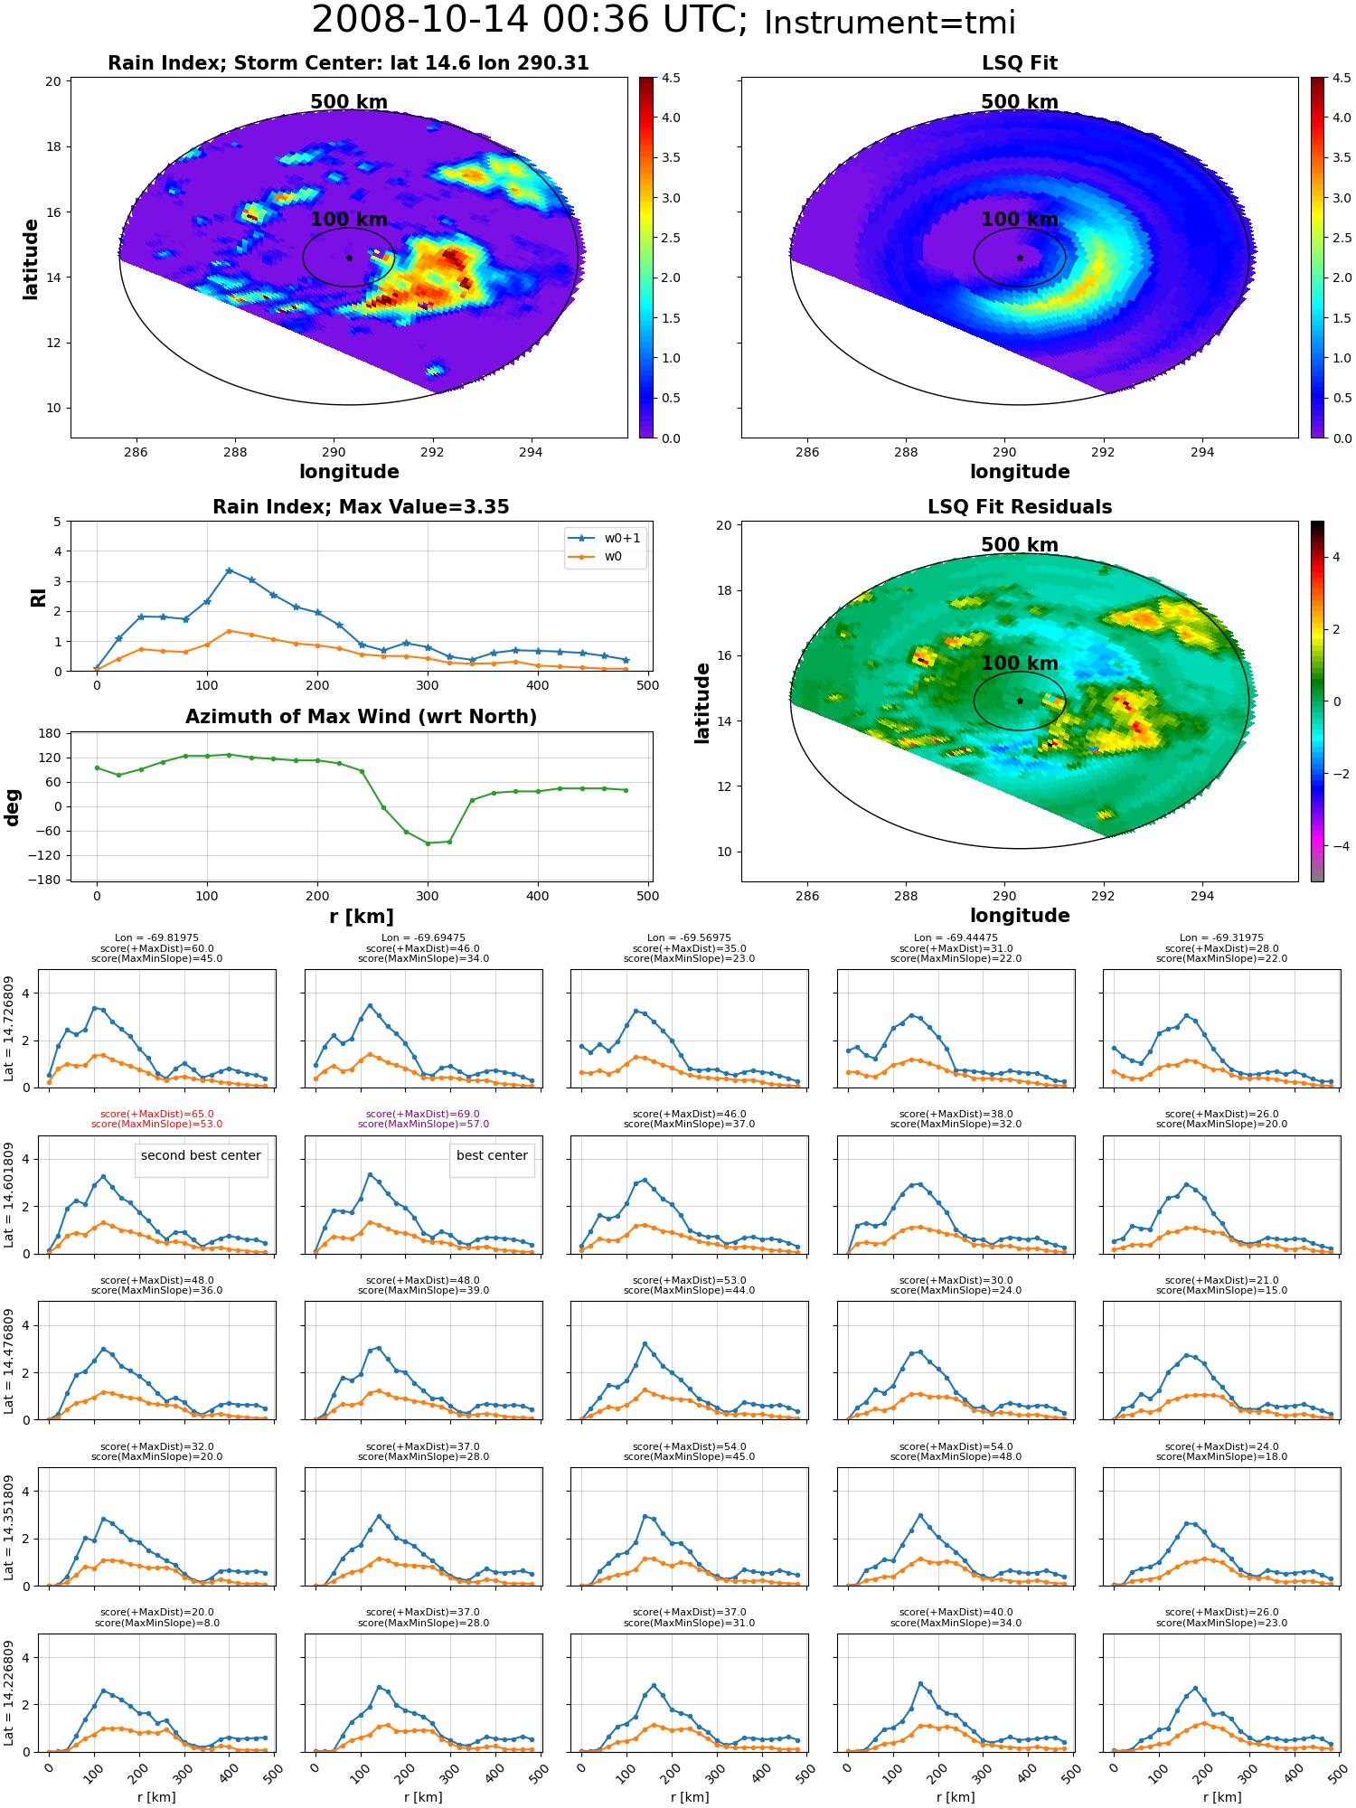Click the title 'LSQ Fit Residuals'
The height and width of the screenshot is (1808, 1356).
1020,507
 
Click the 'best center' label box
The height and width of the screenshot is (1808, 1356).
492,1155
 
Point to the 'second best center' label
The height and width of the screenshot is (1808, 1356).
201,1155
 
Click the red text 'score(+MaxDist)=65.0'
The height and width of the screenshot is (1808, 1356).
156,1115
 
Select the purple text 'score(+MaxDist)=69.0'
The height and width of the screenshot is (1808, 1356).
423,1115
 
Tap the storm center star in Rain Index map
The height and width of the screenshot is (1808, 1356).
349,258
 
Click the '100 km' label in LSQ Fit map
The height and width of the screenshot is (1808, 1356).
1020,220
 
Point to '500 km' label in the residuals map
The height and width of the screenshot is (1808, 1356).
1020,545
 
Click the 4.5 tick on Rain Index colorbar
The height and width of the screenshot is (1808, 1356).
671,78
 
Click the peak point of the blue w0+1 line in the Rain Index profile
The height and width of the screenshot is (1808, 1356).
229,570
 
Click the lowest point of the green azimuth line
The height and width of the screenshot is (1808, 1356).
428,843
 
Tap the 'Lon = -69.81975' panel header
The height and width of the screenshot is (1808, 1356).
156,938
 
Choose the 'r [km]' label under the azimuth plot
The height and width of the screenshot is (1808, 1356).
362,917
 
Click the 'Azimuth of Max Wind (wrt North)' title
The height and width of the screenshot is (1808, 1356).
362,717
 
